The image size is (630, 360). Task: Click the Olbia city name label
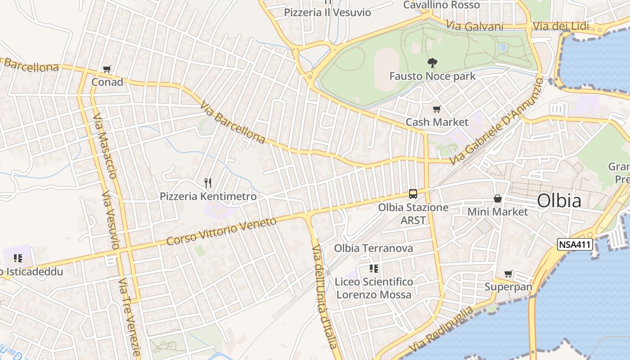pos(559,201)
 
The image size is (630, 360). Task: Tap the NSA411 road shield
pos(575,244)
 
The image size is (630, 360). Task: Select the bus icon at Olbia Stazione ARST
pos(413,194)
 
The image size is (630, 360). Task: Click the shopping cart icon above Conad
pos(107,69)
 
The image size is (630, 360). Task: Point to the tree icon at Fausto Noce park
pos(432,63)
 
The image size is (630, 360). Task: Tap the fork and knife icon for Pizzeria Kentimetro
pos(208,183)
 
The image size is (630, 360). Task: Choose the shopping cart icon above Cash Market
pos(436,109)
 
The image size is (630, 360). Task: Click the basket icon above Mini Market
pos(497,198)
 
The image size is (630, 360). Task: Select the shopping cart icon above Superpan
pos(508,274)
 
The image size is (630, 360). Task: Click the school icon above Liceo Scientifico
pos(373,269)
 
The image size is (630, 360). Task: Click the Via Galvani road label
pos(475,26)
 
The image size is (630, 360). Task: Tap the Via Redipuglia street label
pos(441,329)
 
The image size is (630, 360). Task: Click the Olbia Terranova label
pos(373,248)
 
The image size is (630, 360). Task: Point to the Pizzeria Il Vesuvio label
pos(327,12)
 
